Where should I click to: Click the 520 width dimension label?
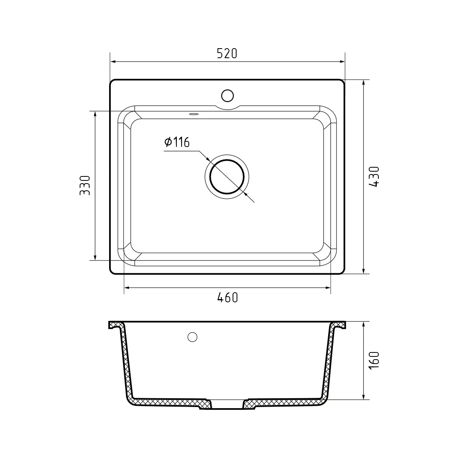[227, 53]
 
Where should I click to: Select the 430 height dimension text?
[374, 176]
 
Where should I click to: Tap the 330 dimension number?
[85, 185]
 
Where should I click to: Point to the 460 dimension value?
[227, 298]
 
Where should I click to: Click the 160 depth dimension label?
[374, 360]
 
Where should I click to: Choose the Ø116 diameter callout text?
[177, 142]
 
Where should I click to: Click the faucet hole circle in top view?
[227, 96]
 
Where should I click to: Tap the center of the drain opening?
[227, 177]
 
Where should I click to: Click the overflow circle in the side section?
[192, 337]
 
